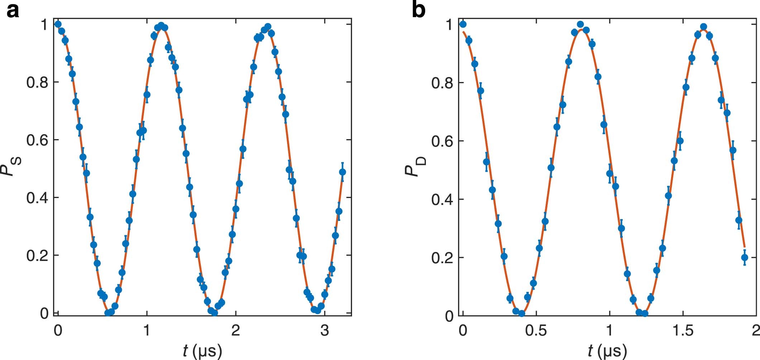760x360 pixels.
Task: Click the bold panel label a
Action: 13,11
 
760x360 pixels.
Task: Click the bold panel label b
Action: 418,11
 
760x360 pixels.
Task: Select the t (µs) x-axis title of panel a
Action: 202,350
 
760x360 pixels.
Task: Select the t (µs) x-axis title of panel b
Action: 607,350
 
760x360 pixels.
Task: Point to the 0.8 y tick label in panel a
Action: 37,82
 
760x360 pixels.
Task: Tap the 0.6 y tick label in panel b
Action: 442,141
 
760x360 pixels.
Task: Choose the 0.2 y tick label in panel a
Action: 37,256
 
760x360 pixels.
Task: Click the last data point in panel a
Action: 342,172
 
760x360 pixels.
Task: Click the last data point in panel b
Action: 745,257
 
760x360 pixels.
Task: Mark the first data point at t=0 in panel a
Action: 58,24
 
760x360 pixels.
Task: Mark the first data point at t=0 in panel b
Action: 463,24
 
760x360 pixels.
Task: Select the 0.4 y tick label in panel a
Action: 37,198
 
